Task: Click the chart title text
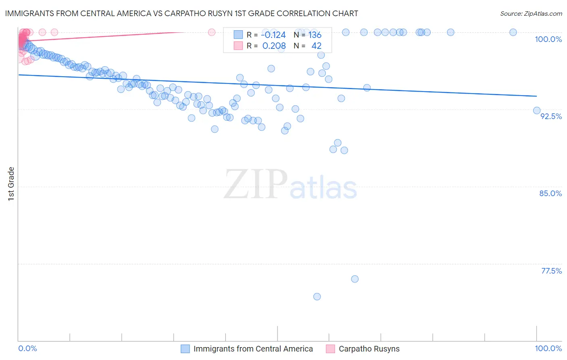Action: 181,13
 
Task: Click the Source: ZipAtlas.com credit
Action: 531,13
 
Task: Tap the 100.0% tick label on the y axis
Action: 548,39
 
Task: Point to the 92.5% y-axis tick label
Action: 551,116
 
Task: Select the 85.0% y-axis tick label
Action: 550,193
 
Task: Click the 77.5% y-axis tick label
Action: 551,271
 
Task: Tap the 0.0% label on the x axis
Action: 28,348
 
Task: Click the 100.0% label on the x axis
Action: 548,348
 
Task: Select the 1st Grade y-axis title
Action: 11,184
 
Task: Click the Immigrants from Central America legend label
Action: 253,349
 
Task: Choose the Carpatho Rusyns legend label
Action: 369,349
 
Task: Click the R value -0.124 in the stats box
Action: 273,35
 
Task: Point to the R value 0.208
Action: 274,46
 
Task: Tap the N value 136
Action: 315,35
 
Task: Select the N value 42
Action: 316,46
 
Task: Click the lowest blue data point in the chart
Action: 317,297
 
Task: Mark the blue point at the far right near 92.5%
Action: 537,111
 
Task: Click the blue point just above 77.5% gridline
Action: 355,279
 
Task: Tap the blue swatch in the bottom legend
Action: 185,349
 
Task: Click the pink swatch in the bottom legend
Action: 330,349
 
